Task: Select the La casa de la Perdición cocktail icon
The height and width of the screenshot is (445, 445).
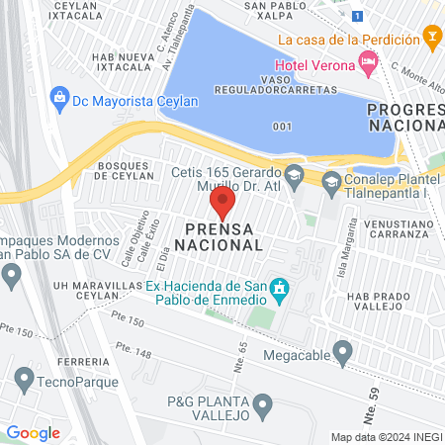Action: (431, 38)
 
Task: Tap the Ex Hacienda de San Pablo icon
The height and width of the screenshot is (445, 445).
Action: (282, 290)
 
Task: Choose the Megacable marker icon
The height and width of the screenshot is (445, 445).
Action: (343, 351)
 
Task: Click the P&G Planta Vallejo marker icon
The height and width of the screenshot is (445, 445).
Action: (262, 403)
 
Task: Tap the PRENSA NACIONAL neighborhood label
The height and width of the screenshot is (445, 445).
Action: (224, 236)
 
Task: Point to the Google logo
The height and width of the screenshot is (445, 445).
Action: (33, 433)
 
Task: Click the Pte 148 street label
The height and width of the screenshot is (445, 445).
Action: (132, 348)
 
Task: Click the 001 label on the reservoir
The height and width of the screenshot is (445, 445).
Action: (283, 127)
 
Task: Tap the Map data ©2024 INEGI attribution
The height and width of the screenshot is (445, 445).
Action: (386, 436)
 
